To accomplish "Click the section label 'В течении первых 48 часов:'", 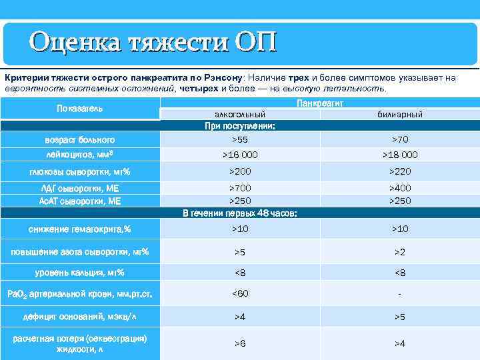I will click(x=240, y=213).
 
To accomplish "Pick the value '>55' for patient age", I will click(x=240, y=140).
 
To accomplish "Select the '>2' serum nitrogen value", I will click(x=399, y=252).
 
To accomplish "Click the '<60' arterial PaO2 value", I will click(x=240, y=293).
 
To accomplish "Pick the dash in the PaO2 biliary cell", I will click(x=399, y=293).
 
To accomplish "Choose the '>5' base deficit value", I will click(x=399, y=317).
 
